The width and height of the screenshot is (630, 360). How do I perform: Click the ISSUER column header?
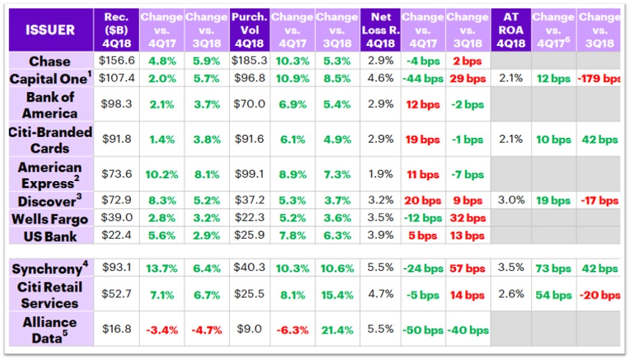pos(50,30)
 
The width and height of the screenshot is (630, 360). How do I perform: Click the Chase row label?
pos(50,61)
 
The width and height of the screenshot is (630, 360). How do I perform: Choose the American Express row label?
pos(50,175)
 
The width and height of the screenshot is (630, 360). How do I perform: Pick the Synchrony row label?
pos(50,269)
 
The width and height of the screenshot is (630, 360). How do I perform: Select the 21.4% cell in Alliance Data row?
pos(336,329)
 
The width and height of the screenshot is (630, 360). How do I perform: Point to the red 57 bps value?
pos(466,268)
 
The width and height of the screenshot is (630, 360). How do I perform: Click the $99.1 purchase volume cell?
pos(249,175)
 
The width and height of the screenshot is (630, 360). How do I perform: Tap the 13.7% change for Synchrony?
pos(162,268)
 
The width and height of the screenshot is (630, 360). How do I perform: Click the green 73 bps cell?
pos(554,268)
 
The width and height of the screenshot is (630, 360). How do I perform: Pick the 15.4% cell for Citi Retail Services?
pos(336,295)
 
